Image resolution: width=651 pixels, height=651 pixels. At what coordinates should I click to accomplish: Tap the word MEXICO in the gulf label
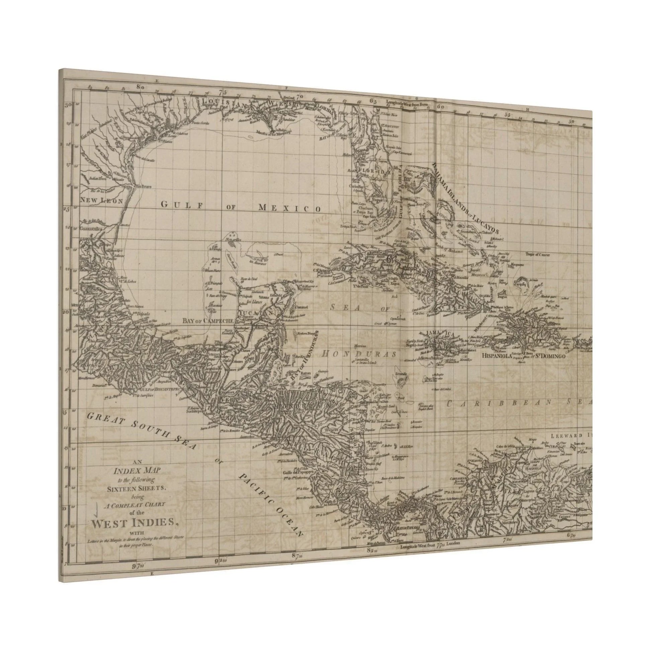click(x=289, y=208)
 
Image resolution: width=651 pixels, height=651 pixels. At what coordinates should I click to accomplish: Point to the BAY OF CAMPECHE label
click(x=208, y=321)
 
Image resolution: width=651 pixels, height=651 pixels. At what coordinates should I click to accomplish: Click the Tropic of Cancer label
click(x=538, y=255)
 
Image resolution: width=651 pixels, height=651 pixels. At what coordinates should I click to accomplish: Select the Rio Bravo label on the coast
click(x=143, y=186)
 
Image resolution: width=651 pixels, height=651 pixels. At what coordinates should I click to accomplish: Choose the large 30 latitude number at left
click(x=69, y=105)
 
